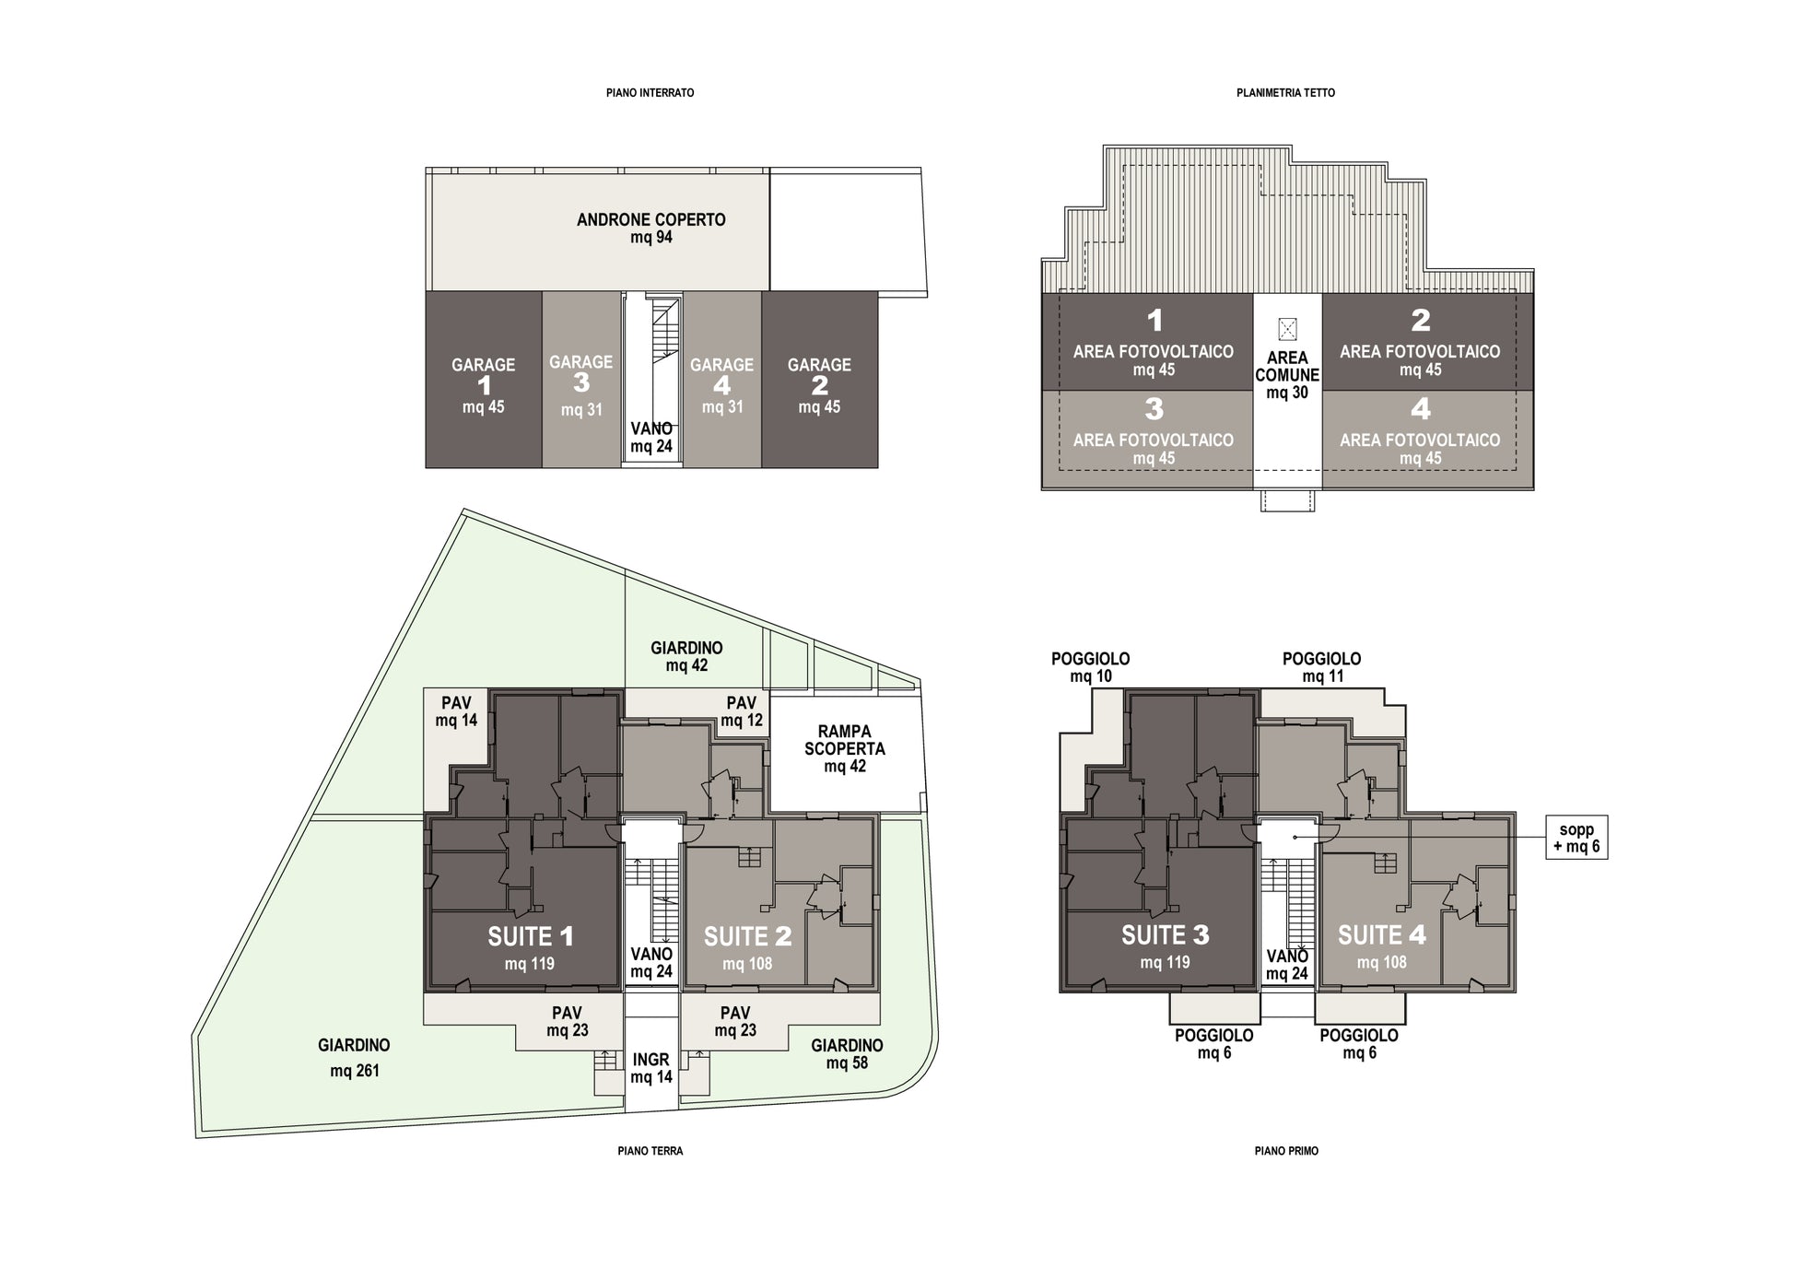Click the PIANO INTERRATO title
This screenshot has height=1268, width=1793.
(x=650, y=93)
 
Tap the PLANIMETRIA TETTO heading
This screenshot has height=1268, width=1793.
(x=1285, y=93)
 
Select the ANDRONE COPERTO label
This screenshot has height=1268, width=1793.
(x=651, y=220)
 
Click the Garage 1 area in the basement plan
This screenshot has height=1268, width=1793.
(x=484, y=380)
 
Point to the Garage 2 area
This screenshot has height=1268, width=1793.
(x=819, y=380)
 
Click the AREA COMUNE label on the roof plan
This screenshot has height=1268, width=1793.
(x=1287, y=367)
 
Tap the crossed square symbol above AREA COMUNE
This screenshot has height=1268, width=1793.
(x=1287, y=328)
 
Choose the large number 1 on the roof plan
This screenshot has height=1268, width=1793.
(x=1154, y=321)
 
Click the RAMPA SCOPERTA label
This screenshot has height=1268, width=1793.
(x=845, y=741)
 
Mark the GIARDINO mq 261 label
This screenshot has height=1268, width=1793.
(x=355, y=1058)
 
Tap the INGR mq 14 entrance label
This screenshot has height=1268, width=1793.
(x=651, y=1068)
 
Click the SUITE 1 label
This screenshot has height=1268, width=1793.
(x=531, y=937)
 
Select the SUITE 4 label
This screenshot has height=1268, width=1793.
(x=1382, y=935)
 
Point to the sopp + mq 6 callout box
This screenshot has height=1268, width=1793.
(x=1576, y=837)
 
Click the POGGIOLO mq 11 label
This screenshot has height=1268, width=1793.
(x=1322, y=667)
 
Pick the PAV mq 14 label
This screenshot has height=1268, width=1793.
(x=457, y=711)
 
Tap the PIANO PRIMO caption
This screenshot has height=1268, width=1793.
(x=1286, y=1151)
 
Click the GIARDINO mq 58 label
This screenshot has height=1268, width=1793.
(x=847, y=1054)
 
